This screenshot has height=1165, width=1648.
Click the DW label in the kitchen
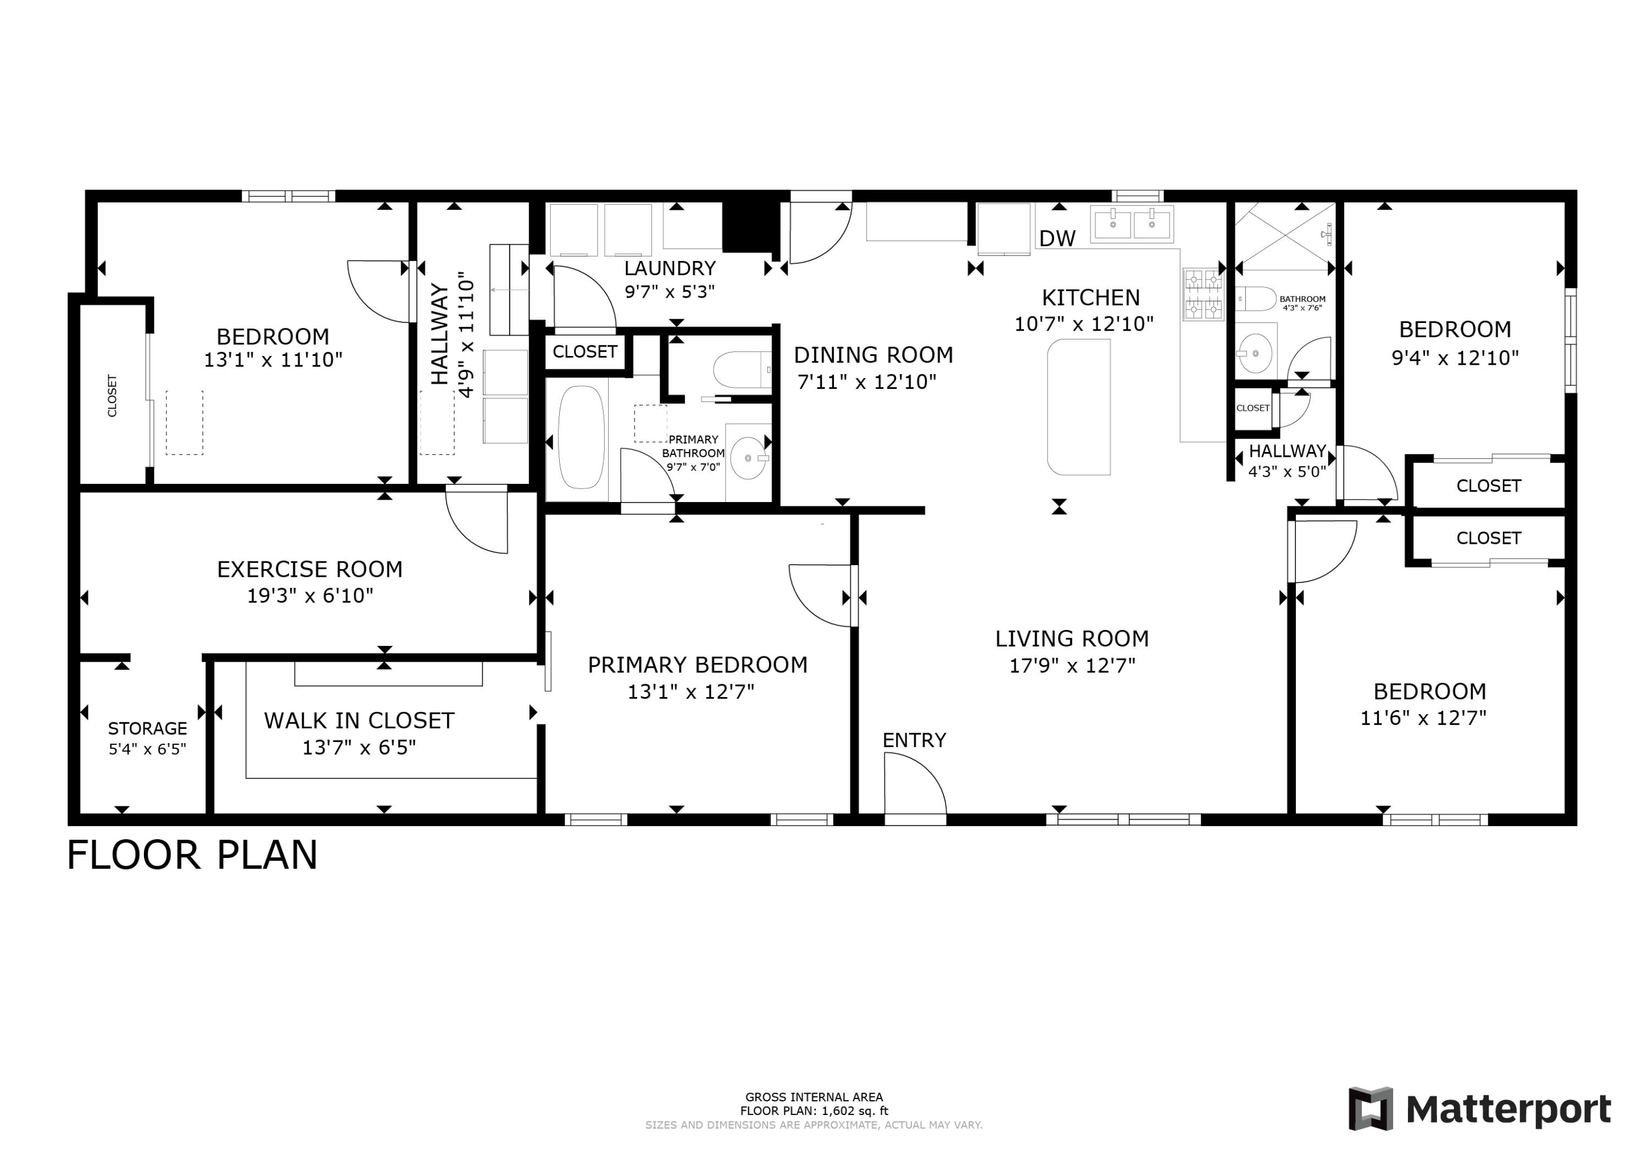(x=1057, y=239)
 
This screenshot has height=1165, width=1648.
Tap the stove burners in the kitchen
(x=1203, y=294)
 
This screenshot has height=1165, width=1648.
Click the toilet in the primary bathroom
(x=742, y=370)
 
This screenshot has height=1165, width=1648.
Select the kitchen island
(x=1079, y=407)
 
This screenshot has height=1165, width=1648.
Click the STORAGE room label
(x=147, y=728)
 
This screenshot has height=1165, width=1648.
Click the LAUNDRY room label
(x=670, y=269)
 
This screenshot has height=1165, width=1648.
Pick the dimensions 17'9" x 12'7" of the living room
(x=1072, y=666)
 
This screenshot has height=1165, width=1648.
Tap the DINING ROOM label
(x=873, y=355)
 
